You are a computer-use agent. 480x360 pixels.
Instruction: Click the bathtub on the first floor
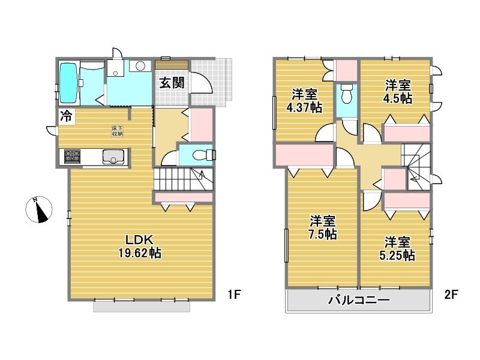click(x=68, y=83)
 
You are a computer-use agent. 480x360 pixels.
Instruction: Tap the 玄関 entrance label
click(x=172, y=83)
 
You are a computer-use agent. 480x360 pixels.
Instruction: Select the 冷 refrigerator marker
click(x=66, y=116)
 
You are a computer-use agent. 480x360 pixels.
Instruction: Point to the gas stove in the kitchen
click(x=72, y=157)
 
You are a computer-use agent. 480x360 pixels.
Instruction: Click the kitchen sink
click(x=113, y=157)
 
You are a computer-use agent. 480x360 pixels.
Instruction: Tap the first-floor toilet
click(x=203, y=155)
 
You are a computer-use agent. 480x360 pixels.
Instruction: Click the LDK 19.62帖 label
click(x=140, y=247)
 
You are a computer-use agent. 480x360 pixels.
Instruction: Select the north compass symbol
click(x=38, y=209)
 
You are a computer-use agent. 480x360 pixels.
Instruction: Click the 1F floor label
click(x=234, y=295)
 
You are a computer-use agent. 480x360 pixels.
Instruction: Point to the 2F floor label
click(x=451, y=295)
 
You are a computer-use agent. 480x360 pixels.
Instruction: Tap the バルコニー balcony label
click(x=359, y=300)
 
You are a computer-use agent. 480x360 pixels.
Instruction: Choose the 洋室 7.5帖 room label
click(x=322, y=227)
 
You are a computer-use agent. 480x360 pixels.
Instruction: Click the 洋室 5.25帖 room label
click(x=397, y=248)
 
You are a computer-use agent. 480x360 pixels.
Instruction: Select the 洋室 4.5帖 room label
click(x=398, y=92)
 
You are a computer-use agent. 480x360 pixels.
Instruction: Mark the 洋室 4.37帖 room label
click(x=304, y=101)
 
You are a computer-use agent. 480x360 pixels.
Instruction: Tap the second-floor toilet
click(x=347, y=94)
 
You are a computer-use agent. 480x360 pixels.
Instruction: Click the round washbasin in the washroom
click(x=140, y=66)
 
